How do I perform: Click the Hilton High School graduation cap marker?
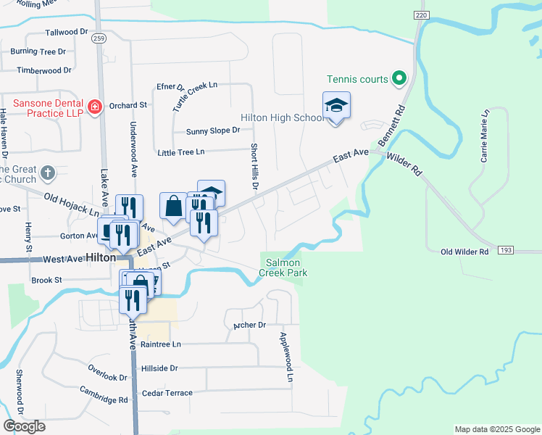[336, 106]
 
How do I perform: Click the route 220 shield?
[422, 14]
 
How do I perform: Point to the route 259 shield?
[100, 38]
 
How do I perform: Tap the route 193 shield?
[506, 249]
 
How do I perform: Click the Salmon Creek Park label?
[286, 268]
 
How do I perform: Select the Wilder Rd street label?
[404, 165]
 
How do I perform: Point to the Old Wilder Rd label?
[465, 252]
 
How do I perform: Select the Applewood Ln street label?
[286, 357]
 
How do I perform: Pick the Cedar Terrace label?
[167, 393]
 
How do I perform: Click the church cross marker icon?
[47, 173]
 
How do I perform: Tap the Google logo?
[24, 426]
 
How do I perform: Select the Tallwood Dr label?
[66, 33]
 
